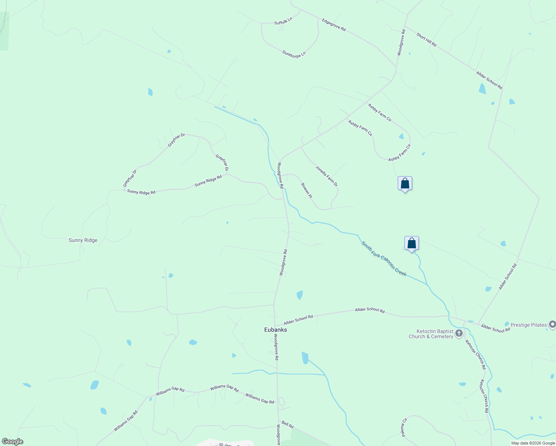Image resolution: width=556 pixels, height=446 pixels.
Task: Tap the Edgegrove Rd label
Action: pyautogui.click(x=334, y=25)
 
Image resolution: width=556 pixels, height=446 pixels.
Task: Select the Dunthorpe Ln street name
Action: pyautogui.click(x=294, y=54)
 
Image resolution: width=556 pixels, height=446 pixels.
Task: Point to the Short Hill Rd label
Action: pyautogui.click(x=426, y=40)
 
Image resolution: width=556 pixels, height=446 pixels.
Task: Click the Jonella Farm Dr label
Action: pyautogui.click(x=327, y=176)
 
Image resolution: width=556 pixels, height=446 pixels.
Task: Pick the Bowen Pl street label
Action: pyautogui.click(x=306, y=190)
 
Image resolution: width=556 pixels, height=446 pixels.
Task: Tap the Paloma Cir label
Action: pyautogui.click(x=404, y=427)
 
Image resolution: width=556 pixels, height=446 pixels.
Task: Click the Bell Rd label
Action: pyautogui.click(x=288, y=424)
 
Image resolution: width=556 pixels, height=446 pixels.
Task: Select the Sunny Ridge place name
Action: pyautogui.click(x=83, y=240)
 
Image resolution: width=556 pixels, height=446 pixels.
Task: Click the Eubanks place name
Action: pyautogui.click(x=275, y=330)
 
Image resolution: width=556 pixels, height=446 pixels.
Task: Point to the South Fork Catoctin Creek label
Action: pyautogui.click(x=384, y=259)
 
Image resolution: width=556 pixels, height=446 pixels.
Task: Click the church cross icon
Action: pyautogui.click(x=459, y=333)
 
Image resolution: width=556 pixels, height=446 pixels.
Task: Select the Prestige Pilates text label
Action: pyautogui.click(x=528, y=325)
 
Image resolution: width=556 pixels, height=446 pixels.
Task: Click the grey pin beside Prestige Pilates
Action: pyautogui.click(x=552, y=325)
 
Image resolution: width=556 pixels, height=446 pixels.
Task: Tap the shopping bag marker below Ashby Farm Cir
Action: pyautogui.click(x=405, y=184)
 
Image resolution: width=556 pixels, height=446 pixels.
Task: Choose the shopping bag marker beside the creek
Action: pyautogui.click(x=411, y=243)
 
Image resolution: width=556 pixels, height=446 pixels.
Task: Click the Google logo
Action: pyautogui.click(x=12, y=442)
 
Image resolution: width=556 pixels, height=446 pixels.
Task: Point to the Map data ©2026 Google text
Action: pyautogui.click(x=533, y=443)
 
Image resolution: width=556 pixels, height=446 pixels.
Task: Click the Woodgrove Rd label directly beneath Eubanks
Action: pyautogui.click(x=276, y=347)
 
